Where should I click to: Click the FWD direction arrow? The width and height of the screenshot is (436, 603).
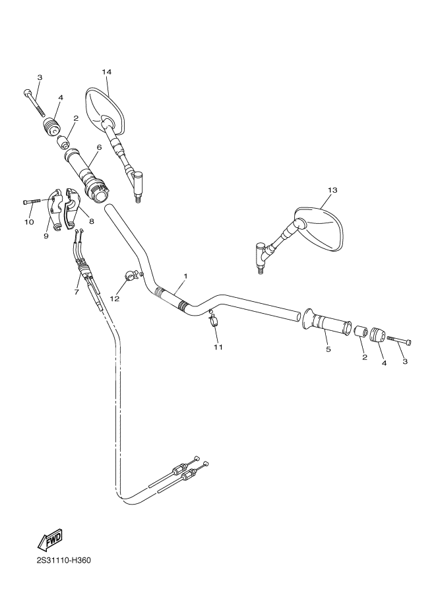click(x=50, y=540)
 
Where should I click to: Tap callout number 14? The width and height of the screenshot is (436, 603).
click(x=107, y=71)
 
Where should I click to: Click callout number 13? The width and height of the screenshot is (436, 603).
click(x=332, y=190)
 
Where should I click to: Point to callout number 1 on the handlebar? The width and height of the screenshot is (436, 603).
click(x=185, y=275)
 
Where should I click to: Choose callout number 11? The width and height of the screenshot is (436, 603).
click(x=218, y=346)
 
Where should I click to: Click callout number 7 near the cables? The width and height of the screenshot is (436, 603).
click(x=77, y=291)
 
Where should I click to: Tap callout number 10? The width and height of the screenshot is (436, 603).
click(x=29, y=222)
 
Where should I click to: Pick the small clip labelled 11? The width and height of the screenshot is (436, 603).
click(x=212, y=322)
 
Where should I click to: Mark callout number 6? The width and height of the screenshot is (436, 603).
click(x=98, y=147)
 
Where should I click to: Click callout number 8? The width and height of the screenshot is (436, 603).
click(x=91, y=221)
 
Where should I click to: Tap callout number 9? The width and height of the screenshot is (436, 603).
click(x=46, y=235)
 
